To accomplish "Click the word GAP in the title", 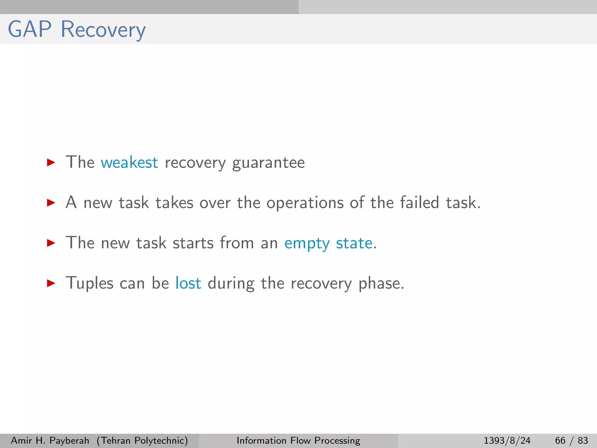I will [29, 29].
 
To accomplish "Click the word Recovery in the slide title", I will [103, 30].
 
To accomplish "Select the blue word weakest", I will [129, 162].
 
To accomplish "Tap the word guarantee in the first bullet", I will [268, 163].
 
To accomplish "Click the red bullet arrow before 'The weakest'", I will [51, 162].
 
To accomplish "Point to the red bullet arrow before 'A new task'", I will [51, 203].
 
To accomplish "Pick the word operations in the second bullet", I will [305, 203].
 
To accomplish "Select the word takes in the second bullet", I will [174, 203].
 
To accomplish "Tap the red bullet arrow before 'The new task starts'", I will [51, 243].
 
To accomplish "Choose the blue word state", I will [354, 243].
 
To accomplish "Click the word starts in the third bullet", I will [193, 243].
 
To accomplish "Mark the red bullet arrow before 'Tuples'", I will [51, 283].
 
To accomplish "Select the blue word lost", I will [188, 283].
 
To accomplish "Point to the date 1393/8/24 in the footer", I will [507, 440].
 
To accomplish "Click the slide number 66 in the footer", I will [560, 440].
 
